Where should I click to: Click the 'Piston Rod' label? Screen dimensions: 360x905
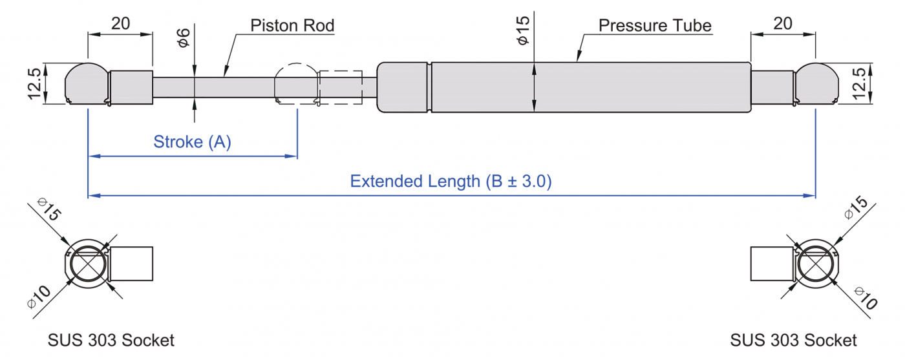point(292,26)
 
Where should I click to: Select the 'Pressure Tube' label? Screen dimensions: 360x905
point(654,26)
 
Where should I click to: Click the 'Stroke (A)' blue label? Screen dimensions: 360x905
point(192,142)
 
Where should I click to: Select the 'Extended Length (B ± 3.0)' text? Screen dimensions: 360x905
point(451,181)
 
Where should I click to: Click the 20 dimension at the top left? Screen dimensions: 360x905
point(120,24)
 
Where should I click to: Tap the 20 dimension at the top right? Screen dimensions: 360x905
point(783,24)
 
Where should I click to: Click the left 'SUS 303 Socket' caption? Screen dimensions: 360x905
point(111,340)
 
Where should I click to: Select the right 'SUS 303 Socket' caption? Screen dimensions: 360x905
point(793,340)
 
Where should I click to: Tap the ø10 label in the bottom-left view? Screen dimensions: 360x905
point(39,297)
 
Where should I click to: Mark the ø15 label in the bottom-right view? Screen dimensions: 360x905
point(857,212)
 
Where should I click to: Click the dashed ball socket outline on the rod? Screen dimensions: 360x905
point(296,83)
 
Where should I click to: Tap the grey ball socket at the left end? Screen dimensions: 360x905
point(87,83)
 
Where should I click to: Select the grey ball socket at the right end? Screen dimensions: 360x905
point(816,83)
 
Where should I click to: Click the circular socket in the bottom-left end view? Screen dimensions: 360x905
point(87,264)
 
